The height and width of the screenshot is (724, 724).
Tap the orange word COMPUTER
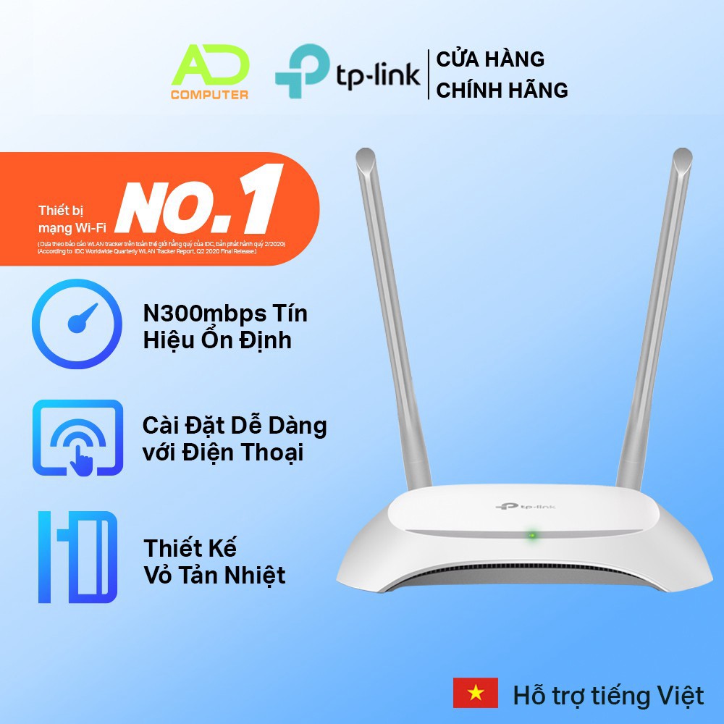210,94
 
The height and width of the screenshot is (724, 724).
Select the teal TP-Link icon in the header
301,71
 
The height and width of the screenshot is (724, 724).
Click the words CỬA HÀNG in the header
490,59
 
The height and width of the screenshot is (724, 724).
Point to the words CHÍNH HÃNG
502,90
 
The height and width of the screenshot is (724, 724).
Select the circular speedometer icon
77,325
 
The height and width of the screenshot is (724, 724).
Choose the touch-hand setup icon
77,437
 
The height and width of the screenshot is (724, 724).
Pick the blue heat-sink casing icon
77,557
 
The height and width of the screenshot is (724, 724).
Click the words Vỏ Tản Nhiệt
214,575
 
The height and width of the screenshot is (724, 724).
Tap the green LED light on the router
532,536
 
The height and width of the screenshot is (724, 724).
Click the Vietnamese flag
476,693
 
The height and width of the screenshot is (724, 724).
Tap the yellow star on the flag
476,693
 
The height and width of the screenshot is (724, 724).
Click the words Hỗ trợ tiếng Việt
608,696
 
